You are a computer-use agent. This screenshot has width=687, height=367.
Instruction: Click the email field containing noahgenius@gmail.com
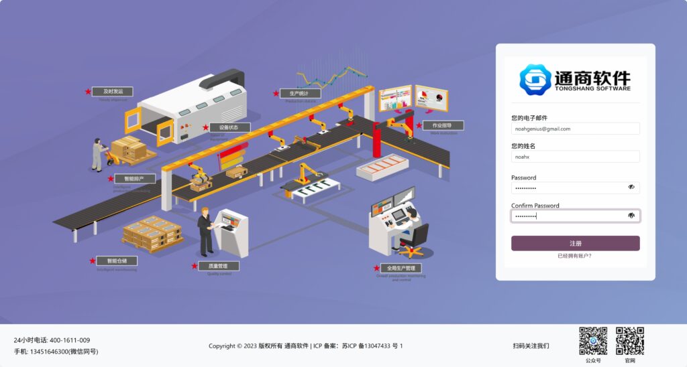tap(575, 129)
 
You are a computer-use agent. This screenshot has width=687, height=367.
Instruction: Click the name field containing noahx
tap(575, 156)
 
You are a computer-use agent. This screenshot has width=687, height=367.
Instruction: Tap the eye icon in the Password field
tap(631, 188)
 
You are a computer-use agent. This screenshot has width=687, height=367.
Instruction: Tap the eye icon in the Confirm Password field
tap(631, 216)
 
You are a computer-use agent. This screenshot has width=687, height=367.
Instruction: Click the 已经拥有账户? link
tap(575, 256)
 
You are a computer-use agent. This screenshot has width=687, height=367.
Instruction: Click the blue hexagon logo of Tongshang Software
tap(535, 79)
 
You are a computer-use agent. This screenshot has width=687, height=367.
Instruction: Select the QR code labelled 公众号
tap(593, 341)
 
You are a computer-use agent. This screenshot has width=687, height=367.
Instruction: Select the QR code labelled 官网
tap(630, 341)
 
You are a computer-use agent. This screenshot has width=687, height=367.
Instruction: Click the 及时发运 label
tap(112, 91)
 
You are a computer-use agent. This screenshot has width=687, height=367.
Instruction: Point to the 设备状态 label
tap(230, 127)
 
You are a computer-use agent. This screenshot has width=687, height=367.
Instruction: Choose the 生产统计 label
tap(299, 93)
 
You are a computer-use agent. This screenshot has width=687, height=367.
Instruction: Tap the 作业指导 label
tap(442, 125)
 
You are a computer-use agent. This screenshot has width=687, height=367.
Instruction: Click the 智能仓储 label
tap(117, 261)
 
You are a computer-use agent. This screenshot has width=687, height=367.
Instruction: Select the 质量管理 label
tap(219, 266)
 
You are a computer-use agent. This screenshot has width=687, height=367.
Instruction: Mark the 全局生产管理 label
tap(401, 268)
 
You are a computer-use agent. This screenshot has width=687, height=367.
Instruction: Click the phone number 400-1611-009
tap(70, 340)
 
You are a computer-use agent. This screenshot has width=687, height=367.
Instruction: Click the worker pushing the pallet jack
tap(98, 154)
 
